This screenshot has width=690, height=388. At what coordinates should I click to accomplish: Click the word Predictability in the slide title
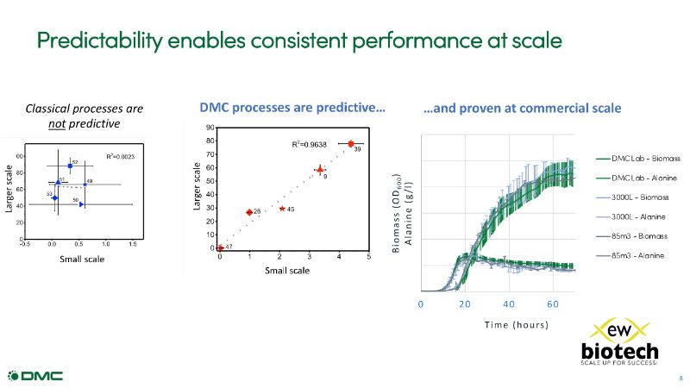(99, 41)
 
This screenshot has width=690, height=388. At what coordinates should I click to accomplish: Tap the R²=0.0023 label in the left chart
(121, 156)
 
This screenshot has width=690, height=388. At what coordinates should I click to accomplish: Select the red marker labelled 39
(351, 144)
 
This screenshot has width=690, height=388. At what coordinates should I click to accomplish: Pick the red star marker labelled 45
(282, 209)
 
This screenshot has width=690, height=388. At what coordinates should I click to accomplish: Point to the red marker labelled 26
(249, 212)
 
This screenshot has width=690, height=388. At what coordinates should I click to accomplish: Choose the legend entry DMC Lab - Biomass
(638, 159)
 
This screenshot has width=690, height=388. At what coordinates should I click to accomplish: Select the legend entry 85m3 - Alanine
(638, 255)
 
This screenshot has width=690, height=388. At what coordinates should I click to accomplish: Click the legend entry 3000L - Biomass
(638, 197)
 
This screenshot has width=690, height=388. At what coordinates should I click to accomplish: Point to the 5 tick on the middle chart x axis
(369, 257)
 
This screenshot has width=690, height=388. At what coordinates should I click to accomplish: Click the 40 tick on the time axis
(509, 304)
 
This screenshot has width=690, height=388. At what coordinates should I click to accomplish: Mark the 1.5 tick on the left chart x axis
(133, 245)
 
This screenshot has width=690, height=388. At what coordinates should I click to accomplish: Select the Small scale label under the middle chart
(287, 270)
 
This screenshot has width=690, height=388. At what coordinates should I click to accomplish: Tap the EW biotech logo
(618, 342)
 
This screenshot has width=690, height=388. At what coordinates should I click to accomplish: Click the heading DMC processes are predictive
(292, 109)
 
